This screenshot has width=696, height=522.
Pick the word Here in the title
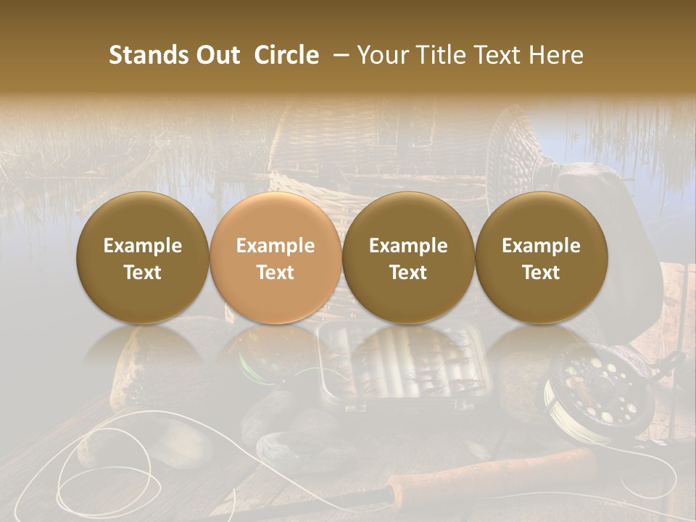[555, 55]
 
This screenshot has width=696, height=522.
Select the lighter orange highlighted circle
[275, 257]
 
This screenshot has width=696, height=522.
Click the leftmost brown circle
[142, 257]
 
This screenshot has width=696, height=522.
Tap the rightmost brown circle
[541, 257]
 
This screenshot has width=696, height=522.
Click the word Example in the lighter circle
[275, 246]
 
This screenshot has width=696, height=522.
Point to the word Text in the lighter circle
[275, 273]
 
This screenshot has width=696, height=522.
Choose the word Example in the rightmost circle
[541, 246]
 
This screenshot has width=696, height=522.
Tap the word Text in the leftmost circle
[142, 273]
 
